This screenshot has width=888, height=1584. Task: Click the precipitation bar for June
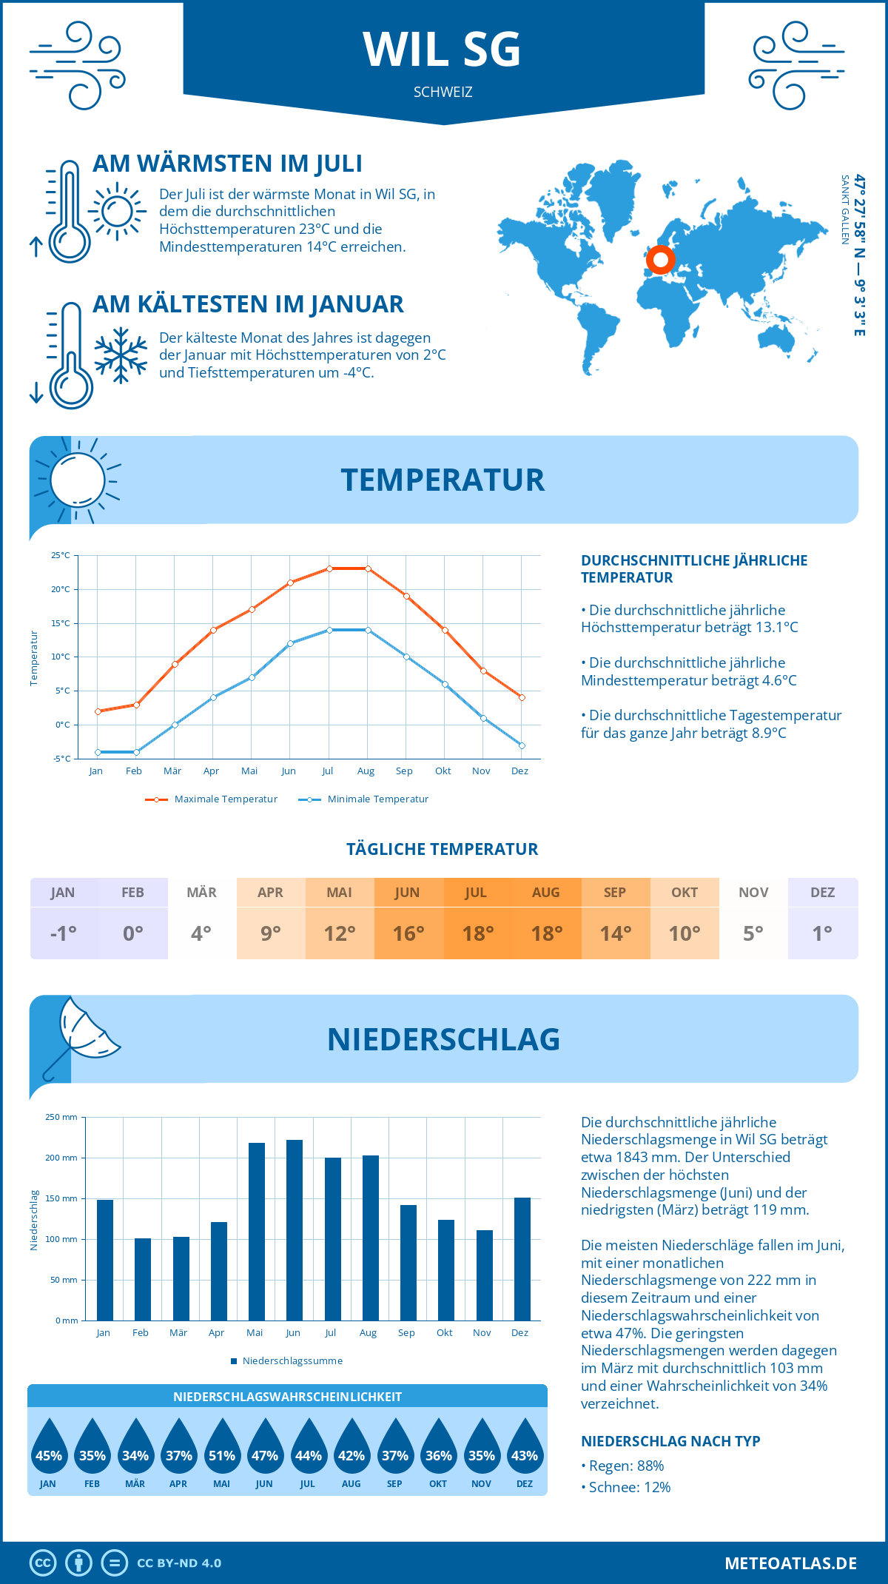coord(294,1230)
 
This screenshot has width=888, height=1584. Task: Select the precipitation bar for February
coord(142,1279)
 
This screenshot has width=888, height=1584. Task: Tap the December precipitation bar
coord(522,1259)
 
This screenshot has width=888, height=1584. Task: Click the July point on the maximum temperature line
coord(329,568)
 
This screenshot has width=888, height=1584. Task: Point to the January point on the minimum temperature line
coord(98,752)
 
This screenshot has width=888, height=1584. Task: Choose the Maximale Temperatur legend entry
coord(212,799)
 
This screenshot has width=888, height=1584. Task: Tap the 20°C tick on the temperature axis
coord(61,589)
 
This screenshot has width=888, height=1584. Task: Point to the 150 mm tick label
coord(61,1198)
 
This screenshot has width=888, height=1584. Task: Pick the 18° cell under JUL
coord(478,933)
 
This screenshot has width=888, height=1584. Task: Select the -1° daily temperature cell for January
coord(64,933)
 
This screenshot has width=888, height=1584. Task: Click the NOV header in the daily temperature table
coord(753,893)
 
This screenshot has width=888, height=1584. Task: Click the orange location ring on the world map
coord(660,260)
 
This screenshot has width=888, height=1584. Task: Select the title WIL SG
coord(443,50)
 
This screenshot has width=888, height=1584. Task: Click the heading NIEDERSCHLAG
coord(443,1039)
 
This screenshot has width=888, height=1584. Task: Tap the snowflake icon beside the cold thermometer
coord(121,355)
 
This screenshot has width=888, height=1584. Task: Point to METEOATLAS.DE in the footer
coord(790,1563)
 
